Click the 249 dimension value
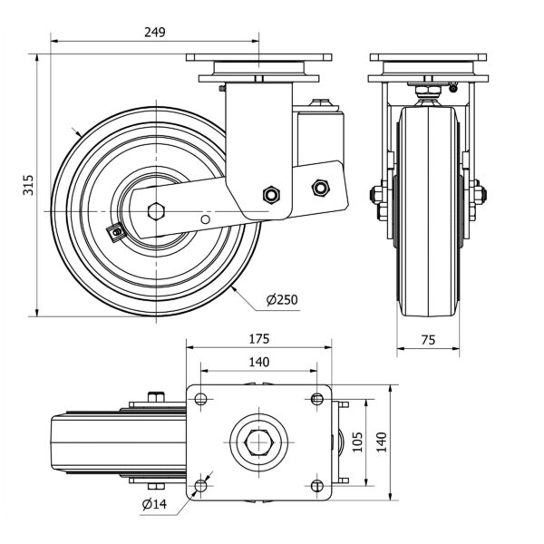point(155,32)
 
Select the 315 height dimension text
point(28,185)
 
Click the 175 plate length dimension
point(258,339)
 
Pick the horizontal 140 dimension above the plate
point(258,362)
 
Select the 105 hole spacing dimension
point(357,442)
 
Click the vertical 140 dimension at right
point(381,442)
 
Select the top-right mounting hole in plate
point(316,399)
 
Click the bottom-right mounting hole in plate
point(316,485)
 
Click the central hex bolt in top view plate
point(258,442)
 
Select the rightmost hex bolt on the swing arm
point(319,188)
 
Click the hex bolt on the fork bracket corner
point(269,195)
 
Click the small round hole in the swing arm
point(207,219)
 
